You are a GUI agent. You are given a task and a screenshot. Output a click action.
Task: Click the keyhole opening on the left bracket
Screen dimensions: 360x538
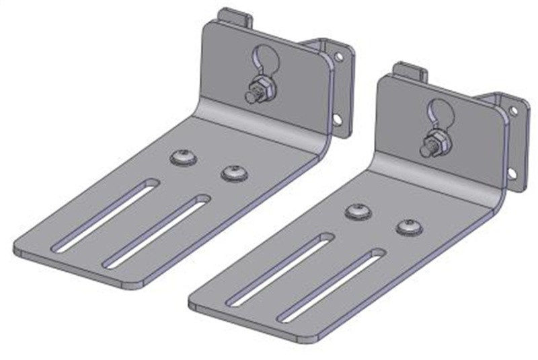click(263, 60)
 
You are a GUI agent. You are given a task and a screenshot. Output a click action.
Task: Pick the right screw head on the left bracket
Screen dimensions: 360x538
click(233, 173)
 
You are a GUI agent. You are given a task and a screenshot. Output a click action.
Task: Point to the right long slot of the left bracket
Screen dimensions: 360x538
click(155, 229)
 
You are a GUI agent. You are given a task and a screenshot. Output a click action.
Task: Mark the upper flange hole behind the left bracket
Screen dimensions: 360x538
click(338, 58)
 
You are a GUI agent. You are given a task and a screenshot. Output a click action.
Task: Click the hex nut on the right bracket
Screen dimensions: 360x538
click(431, 141)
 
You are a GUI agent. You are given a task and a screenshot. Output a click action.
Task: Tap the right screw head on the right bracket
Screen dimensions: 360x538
click(408, 227)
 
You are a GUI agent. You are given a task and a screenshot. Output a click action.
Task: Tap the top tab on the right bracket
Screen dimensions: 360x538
click(410, 70)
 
